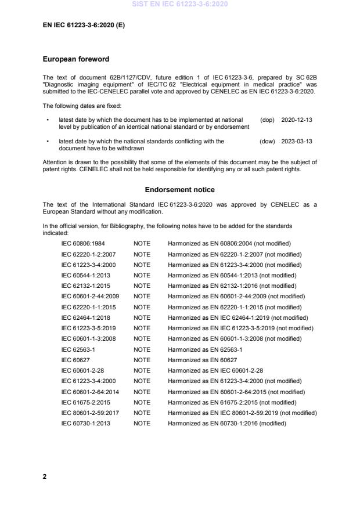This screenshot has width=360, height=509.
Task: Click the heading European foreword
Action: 76,59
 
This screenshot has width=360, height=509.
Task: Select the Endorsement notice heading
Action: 179,190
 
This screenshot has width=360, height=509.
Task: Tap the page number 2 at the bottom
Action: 45,476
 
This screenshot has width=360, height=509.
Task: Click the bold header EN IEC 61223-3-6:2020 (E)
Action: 84,26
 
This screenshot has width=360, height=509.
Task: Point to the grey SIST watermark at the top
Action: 180,4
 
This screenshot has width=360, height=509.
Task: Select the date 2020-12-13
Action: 297,120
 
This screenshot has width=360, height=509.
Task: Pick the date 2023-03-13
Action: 297,141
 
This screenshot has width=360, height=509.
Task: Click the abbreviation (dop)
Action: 267,120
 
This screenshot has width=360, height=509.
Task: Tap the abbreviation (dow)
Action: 267,141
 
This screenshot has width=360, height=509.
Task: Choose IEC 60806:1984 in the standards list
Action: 83,244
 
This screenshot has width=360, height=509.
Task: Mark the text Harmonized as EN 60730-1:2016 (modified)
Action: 227,424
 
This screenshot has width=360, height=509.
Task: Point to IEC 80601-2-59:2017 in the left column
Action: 88,413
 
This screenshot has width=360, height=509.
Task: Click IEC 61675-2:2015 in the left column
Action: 85,402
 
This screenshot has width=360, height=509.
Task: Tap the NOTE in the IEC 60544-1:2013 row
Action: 142,276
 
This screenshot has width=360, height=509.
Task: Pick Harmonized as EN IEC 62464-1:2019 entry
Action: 238,318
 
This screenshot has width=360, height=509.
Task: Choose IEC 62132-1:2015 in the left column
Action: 85,286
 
